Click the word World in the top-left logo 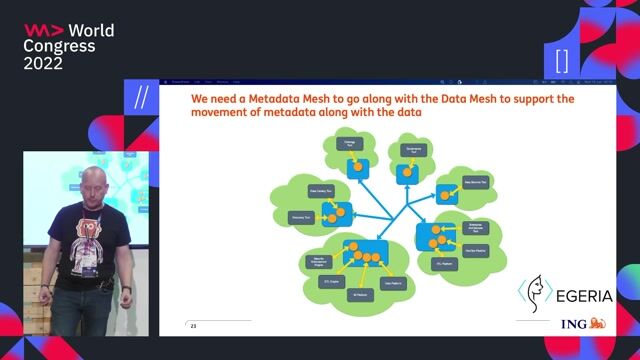click(x=91, y=30)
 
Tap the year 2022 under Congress click(x=44, y=63)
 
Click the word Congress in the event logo click(x=60, y=46)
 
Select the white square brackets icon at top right click(x=562, y=59)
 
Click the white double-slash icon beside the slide click(x=141, y=98)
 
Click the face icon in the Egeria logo click(x=534, y=292)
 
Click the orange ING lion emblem click(x=598, y=323)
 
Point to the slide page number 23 click(x=195, y=325)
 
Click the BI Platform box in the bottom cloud click(x=360, y=295)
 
